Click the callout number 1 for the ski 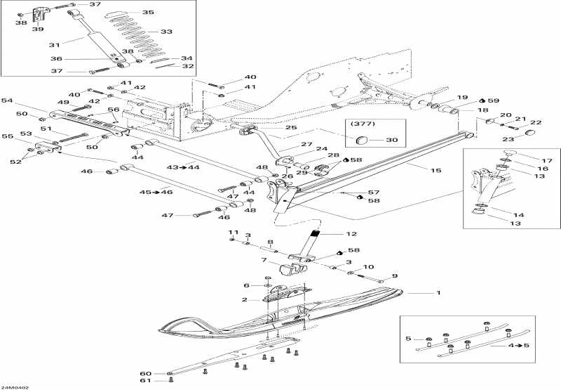438,292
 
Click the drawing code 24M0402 15,385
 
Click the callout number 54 8,101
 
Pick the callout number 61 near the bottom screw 146,380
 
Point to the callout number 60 146,372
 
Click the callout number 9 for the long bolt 394,275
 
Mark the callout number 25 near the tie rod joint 272,127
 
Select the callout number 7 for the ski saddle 264,260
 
